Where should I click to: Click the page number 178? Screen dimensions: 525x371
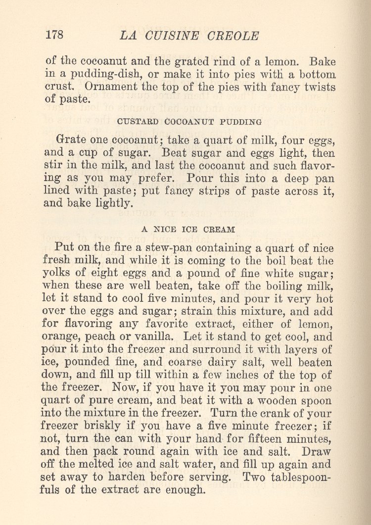click(54, 36)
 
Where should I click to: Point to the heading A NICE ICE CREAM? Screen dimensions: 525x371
click(188, 229)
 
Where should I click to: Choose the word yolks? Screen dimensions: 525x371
click(60, 273)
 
